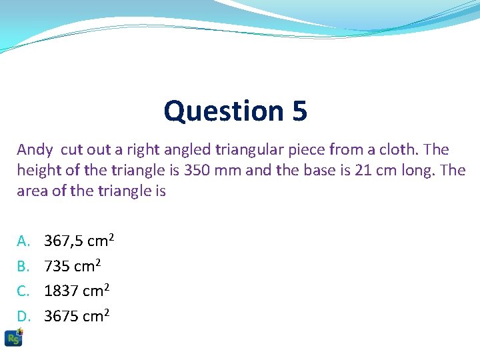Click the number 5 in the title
(x=299, y=111)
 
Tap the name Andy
(x=35, y=150)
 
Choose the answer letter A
(x=24, y=241)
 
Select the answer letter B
(x=24, y=266)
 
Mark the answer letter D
(x=24, y=316)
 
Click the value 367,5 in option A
(x=64, y=241)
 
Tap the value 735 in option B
(x=57, y=266)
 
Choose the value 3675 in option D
(x=61, y=316)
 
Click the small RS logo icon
(x=13, y=337)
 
